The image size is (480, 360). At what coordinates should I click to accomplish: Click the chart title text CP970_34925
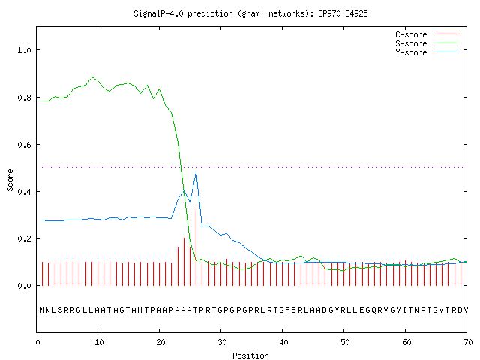tap(343, 13)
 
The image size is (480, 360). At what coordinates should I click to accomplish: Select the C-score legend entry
tap(427, 34)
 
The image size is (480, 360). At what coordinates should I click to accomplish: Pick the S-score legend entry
tap(427, 43)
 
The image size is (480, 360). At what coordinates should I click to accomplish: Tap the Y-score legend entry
tap(427, 52)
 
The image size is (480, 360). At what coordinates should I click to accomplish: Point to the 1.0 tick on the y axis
tap(25, 50)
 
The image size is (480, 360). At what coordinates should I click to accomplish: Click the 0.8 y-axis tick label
tap(25, 97)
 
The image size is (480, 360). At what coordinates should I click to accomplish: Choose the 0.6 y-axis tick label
tap(25, 145)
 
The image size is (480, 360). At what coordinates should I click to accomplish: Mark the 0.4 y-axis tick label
tap(25, 192)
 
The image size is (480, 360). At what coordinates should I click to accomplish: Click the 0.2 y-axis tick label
tap(25, 238)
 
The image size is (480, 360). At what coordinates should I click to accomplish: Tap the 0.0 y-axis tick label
tap(25, 286)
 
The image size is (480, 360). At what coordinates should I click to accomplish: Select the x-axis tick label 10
tap(99, 342)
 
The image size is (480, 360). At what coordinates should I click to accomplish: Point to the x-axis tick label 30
tap(222, 342)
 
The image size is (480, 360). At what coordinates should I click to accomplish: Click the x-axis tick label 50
tap(345, 342)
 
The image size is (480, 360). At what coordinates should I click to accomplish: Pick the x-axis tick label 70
tap(468, 342)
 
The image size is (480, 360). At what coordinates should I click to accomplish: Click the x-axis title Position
tap(250, 355)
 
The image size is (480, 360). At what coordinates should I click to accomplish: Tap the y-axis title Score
tap(10, 180)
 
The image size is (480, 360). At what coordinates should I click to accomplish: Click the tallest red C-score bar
tap(196, 247)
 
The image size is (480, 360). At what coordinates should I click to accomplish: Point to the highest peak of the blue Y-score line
tap(196, 172)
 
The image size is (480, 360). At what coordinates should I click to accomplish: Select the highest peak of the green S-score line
tap(91, 76)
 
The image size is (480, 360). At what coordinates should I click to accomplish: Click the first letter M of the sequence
tap(42, 310)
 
